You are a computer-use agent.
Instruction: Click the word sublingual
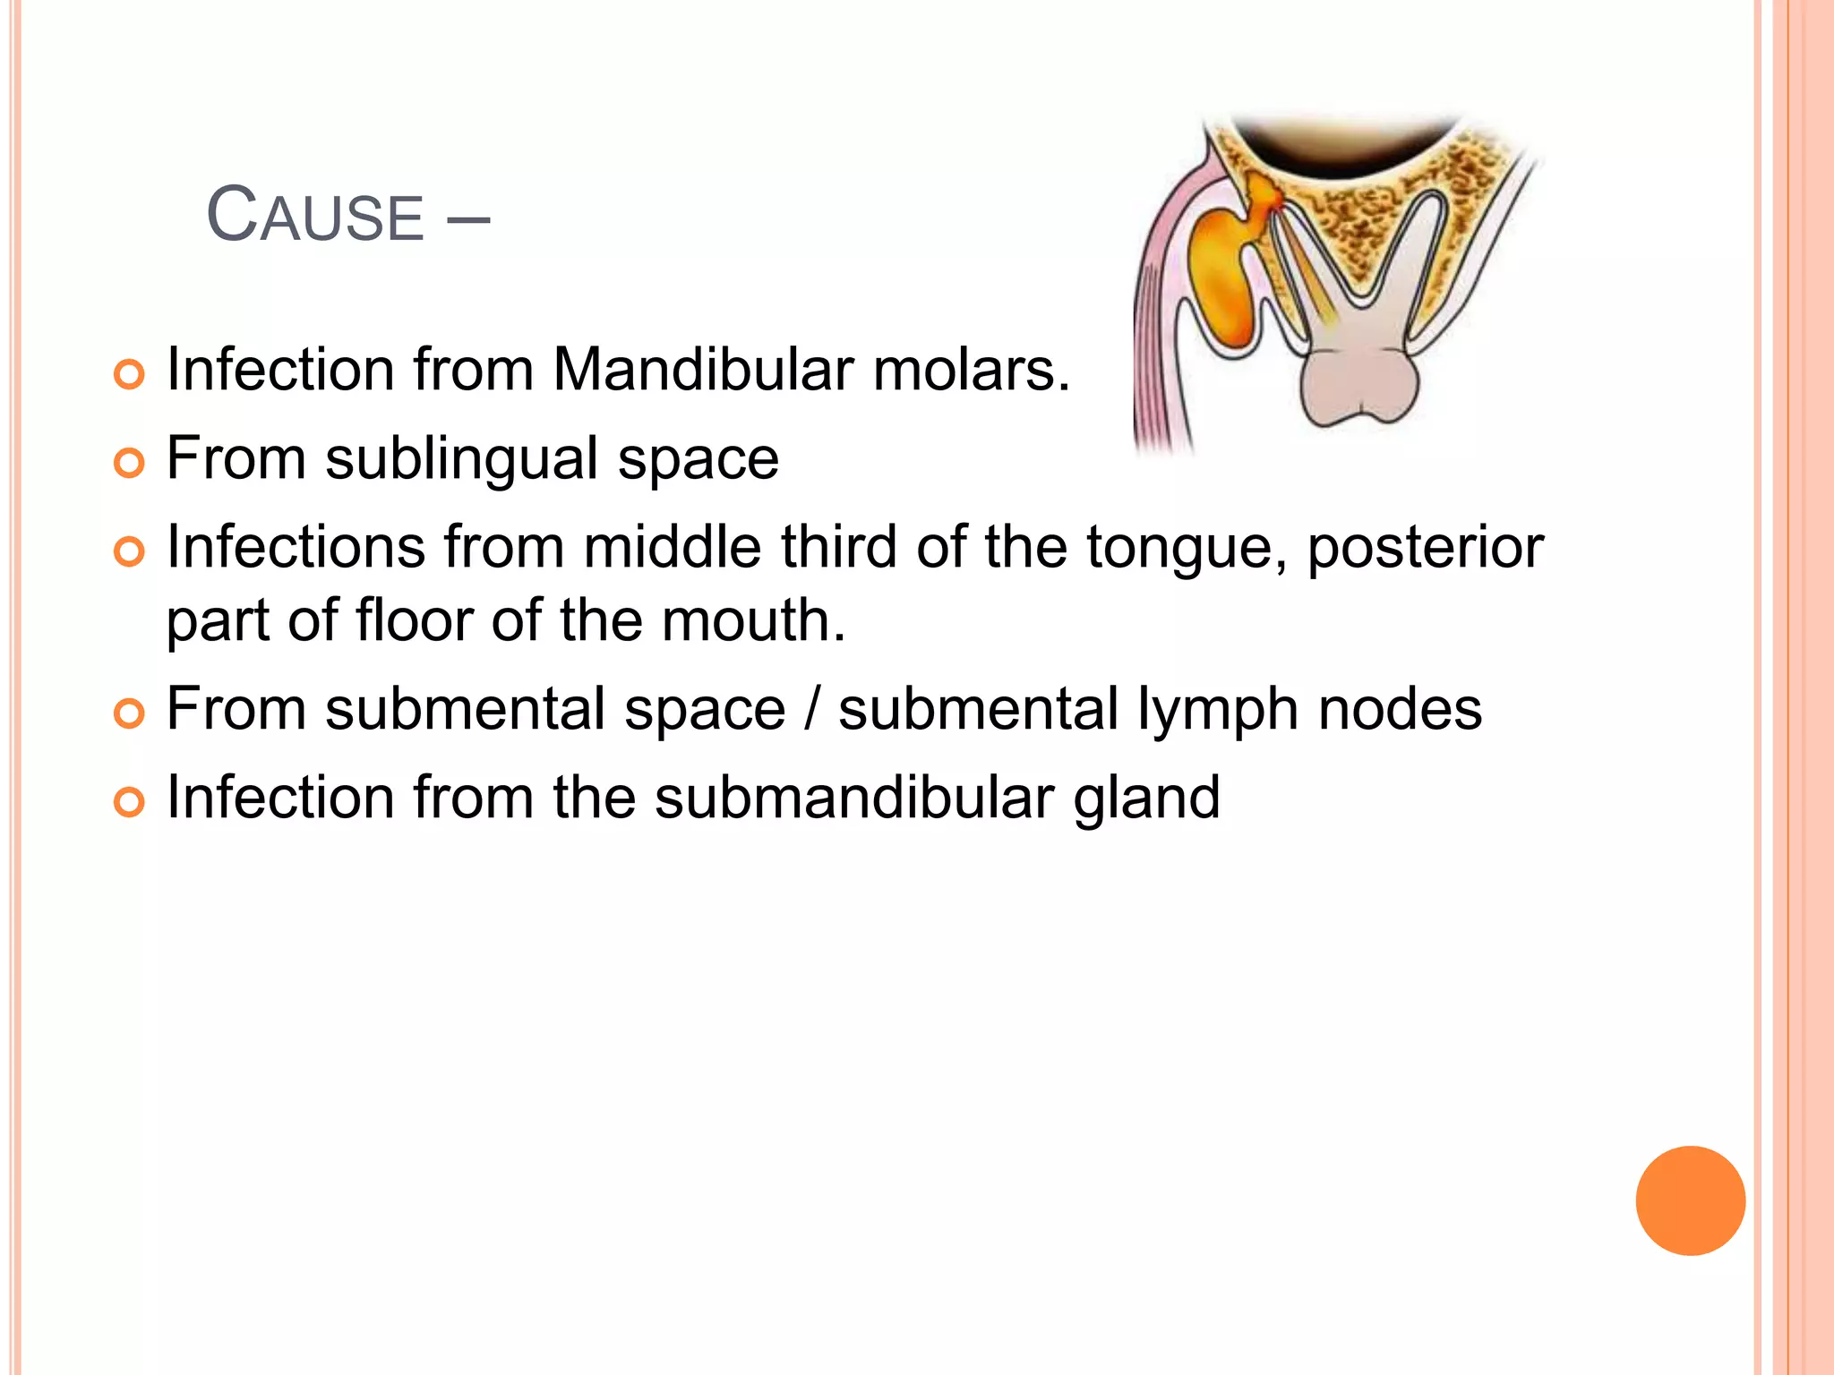[x=461, y=458]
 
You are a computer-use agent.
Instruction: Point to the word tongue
[x=1187, y=547]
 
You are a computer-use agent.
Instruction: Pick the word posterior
[x=1425, y=547]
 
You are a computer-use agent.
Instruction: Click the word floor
[x=415, y=619]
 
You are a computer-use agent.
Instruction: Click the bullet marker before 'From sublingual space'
[x=129, y=463]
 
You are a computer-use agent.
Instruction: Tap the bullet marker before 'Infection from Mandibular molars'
[x=129, y=374]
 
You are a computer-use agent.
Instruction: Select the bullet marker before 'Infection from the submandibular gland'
[x=129, y=802]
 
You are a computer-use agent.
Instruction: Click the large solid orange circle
[x=1690, y=1200]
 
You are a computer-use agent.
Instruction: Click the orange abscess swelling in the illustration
[x=1223, y=278]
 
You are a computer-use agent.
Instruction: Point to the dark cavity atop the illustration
[x=1343, y=143]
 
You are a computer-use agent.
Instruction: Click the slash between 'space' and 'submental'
[x=811, y=709]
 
